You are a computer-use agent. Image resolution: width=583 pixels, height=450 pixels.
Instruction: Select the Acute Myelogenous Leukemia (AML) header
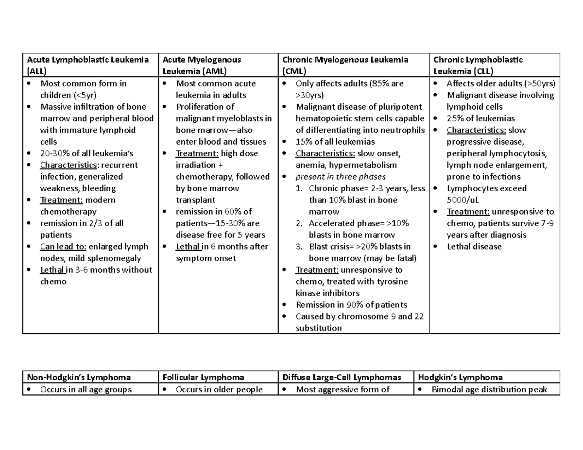[201, 65]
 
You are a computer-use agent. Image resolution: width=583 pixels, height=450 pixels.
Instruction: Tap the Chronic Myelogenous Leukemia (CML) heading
[345, 65]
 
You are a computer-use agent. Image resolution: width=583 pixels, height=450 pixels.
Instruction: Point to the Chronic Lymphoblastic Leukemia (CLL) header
[478, 65]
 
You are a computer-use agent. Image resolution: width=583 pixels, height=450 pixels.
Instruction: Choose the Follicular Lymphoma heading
[203, 377]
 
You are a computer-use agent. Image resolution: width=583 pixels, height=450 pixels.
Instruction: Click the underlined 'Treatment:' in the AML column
[197, 153]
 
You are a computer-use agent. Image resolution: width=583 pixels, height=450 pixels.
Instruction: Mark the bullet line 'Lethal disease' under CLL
[474, 247]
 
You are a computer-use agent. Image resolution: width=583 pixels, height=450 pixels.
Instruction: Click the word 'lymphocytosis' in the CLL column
[521, 153]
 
